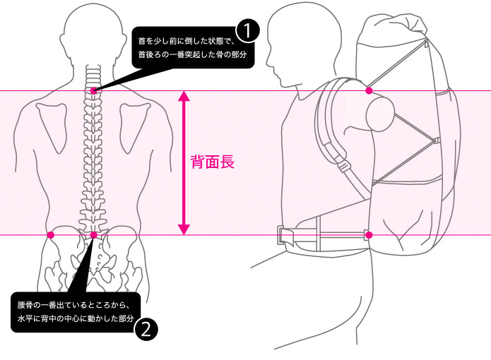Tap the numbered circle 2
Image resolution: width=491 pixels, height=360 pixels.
145,329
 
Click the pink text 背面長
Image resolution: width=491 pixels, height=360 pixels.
213,162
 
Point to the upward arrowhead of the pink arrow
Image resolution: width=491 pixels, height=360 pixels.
184,97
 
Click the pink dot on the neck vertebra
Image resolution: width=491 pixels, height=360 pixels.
93,91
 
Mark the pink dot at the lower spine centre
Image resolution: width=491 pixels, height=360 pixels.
93,234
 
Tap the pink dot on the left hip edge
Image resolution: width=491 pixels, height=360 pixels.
50,234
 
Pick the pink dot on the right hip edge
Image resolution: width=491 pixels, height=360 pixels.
136,234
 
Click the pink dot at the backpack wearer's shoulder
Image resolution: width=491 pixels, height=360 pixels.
369,91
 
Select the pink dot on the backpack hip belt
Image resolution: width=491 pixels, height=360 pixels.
369,234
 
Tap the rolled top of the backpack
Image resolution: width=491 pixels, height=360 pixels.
392,28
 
